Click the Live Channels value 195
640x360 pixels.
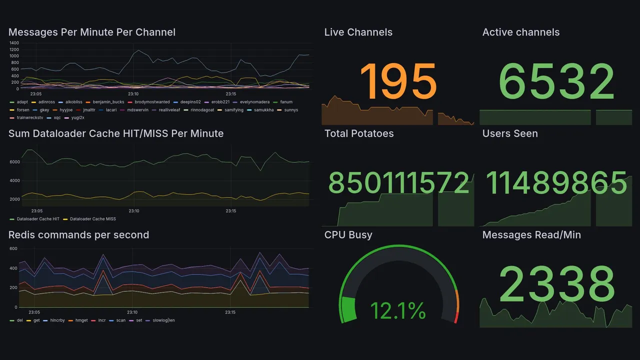pyautogui.click(x=398, y=81)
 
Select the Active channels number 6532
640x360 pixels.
pyautogui.click(x=556, y=82)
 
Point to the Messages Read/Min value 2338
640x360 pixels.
pyautogui.click(x=556, y=283)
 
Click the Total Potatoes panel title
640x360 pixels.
pyautogui.click(x=359, y=133)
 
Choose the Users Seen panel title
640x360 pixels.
pyautogui.click(x=510, y=133)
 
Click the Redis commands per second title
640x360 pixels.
pyautogui.click(x=78, y=235)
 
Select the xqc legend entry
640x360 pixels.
pyautogui.click(x=53, y=117)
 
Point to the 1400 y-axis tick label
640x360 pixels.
pyautogui.click(x=14, y=43)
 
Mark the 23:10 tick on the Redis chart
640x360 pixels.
pyautogui.click(x=132, y=312)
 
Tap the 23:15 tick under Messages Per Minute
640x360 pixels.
pyautogui.click(x=230, y=93)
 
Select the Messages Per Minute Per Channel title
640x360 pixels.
pyautogui.click(x=92, y=32)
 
